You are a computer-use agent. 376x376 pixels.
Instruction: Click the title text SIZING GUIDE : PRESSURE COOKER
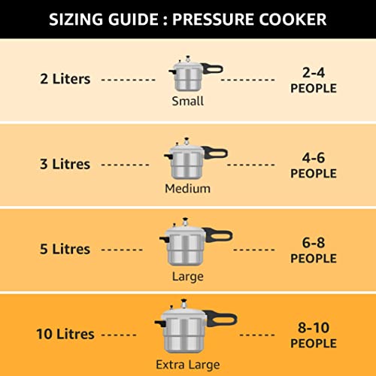point(188,19)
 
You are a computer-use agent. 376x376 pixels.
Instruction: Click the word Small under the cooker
point(187,101)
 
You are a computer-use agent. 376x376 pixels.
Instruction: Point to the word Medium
point(187,189)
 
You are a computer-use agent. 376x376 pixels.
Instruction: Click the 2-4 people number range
point(314,72)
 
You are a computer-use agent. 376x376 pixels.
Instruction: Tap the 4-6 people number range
point(314,158)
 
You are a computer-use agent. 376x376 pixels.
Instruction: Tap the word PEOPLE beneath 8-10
point(314,344)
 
